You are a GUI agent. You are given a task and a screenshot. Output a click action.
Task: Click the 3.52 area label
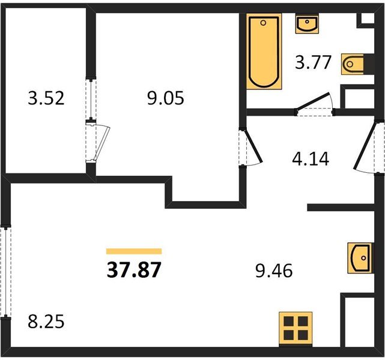coord(46,98)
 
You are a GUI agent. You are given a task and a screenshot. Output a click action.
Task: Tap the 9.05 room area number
coord(166,98)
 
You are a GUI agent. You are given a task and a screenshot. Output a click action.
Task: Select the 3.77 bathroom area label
coord(313,62)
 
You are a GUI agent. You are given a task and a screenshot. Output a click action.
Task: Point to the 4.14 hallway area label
coord(311,158)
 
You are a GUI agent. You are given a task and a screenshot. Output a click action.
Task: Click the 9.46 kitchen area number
coord(274,271)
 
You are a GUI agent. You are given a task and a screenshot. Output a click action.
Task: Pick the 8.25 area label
coord(46,322)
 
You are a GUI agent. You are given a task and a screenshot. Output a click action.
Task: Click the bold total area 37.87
coord(134,270)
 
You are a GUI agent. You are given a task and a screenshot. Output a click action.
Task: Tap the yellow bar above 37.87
coord(134,251)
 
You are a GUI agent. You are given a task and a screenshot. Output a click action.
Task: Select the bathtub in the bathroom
coord(264,52)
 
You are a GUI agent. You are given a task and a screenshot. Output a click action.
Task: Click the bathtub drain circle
coord(263,23)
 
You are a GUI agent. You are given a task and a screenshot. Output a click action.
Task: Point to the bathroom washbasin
coord(307,24)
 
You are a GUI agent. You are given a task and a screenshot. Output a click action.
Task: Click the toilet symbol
coord(353,64)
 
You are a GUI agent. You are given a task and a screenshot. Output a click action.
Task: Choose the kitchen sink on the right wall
coord(360,258)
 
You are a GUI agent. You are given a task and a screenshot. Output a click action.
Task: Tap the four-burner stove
coord(296,329)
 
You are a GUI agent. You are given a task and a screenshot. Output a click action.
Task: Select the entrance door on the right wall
coord(365,146)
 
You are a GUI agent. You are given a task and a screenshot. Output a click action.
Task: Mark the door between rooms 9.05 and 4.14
coord(252,147)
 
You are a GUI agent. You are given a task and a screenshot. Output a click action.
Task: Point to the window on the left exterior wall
coord(5,272)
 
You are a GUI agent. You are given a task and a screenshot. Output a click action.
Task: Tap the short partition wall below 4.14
coord(341,208)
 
